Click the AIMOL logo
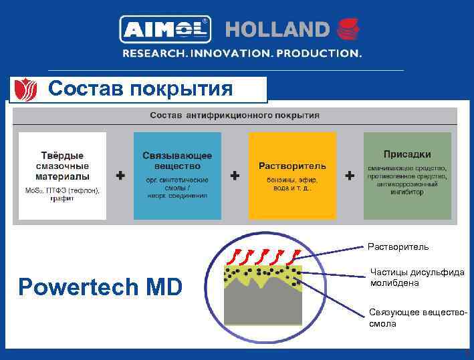coord(164,29)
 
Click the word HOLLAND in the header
coord(277,30)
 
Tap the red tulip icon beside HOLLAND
coord(348,30)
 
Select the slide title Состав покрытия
coord(140,88)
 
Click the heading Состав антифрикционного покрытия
coord(235,115)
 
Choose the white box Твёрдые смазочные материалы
coord(62,176)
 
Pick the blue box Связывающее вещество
coord(177,176)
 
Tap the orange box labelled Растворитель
coord(292,176)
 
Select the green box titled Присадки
coord(407,176)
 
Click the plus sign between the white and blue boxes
coord(120,176)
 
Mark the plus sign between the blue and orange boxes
coord(235,176)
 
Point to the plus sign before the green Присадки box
coord(350,176)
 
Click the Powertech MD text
coord(100,287)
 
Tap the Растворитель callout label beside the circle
coord(398,246)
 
